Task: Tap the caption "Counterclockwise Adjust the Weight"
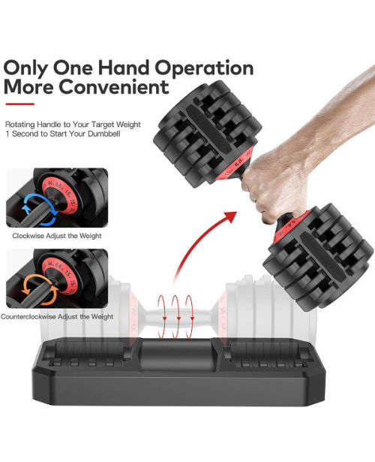tap(58, 316)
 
